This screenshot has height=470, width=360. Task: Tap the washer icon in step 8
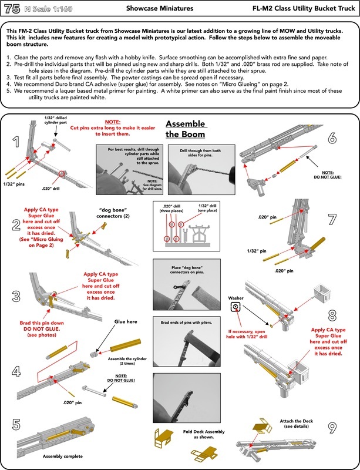pos(235,306)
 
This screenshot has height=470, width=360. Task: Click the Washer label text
pos(235,297)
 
